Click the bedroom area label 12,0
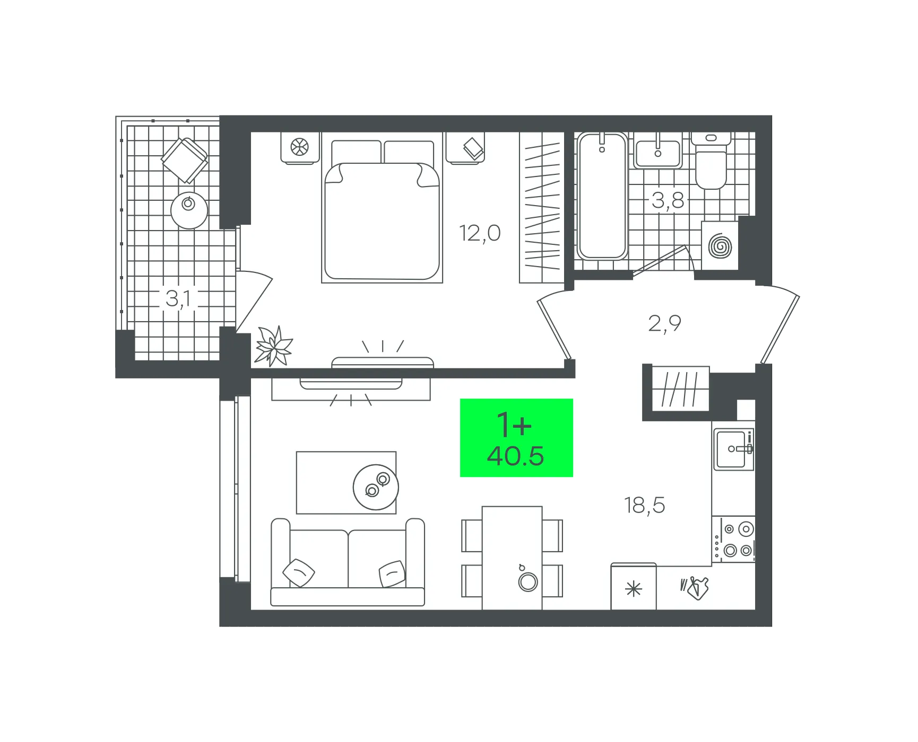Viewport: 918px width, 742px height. (480, 233)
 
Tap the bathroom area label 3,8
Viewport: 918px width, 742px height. (668, 200)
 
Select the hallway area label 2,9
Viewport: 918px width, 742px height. (664, 323)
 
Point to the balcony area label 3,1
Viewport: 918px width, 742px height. (178, 298)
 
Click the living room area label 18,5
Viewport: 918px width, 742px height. (644, 505)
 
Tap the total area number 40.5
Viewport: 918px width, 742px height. (516, 456)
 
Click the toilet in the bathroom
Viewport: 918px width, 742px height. (711, 161)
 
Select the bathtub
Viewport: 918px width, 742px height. (602, 196)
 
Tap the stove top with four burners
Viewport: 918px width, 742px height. (734, 540)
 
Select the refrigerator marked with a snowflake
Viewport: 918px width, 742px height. (634, 587)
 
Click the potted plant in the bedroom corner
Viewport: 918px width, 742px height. (273, 346)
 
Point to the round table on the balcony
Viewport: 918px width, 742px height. (189, 210)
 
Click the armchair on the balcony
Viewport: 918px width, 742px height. (185, 160)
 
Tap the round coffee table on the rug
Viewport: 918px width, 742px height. (376, 487)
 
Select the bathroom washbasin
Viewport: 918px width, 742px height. (658, 152)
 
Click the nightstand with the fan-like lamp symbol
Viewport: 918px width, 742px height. (300, 148)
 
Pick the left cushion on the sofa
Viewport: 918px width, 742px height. (299, 573)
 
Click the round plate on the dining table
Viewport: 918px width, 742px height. (528, 582)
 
